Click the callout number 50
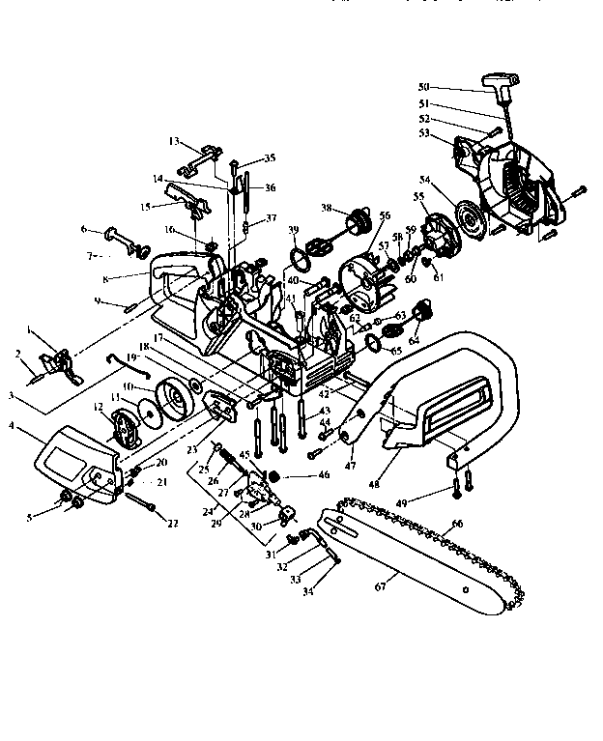pos(423,86)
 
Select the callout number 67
pos(379,584)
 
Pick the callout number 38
pos(327,207)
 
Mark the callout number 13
pos(174,141)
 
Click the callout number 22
pos(174,524)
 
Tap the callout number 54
pos(424,179)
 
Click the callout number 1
pos(34,332)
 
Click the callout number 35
pos(270,157)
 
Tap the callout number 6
pos(84,229)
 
